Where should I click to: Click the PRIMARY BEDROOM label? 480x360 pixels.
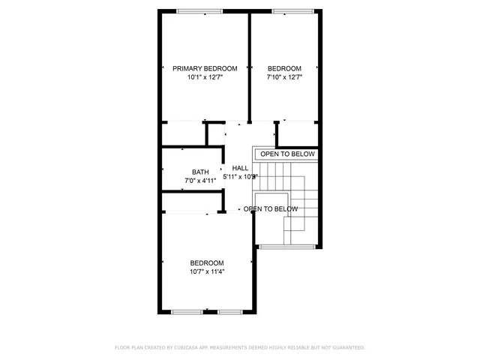click(x=205, y=68)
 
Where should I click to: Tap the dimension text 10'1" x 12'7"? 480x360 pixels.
click(x=205, y=76)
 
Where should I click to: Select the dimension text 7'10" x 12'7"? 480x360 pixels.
click(x=284, y=76)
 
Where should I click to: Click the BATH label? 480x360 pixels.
click(x=200, y=172)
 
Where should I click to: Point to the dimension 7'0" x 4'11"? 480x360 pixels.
click(x=200, y=181)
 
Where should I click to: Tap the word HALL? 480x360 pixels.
click(x=240, y=168)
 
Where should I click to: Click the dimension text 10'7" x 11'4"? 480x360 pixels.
click(x=206, y=271)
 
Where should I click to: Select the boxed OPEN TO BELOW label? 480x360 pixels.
click(x=288, y=154)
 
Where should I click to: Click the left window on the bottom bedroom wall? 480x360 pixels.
click(x=187, y=311)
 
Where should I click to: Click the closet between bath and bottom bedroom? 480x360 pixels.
click(x=191, y=202)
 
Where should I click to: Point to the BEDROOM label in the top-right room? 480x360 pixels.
click(x=284, y=68)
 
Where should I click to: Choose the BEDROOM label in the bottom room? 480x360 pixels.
click(x=206, y=262)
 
